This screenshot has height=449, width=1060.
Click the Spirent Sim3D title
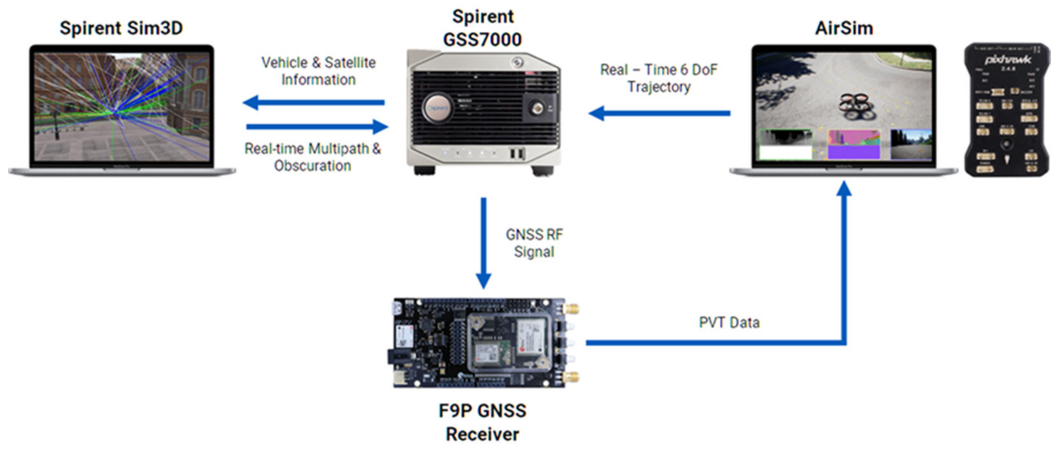[x=121, y=28]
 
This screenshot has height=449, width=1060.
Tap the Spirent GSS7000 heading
[x=482, y=28]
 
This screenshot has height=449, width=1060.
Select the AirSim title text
[x=844, y=28]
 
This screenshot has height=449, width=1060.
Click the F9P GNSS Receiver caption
[x=482, y=422]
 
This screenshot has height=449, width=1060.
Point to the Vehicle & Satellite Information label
[x=318, y=71]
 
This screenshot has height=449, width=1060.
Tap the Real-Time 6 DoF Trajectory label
[x=658, y=78]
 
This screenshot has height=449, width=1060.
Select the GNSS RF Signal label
[x=534, y=243]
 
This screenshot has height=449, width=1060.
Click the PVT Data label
[x=729, y=322]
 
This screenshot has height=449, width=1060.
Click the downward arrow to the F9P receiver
[x=483, y=243]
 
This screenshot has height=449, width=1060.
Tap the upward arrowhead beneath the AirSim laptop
[x=844, y=190]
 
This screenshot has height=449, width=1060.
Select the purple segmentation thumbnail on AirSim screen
[x=854, y=145]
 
